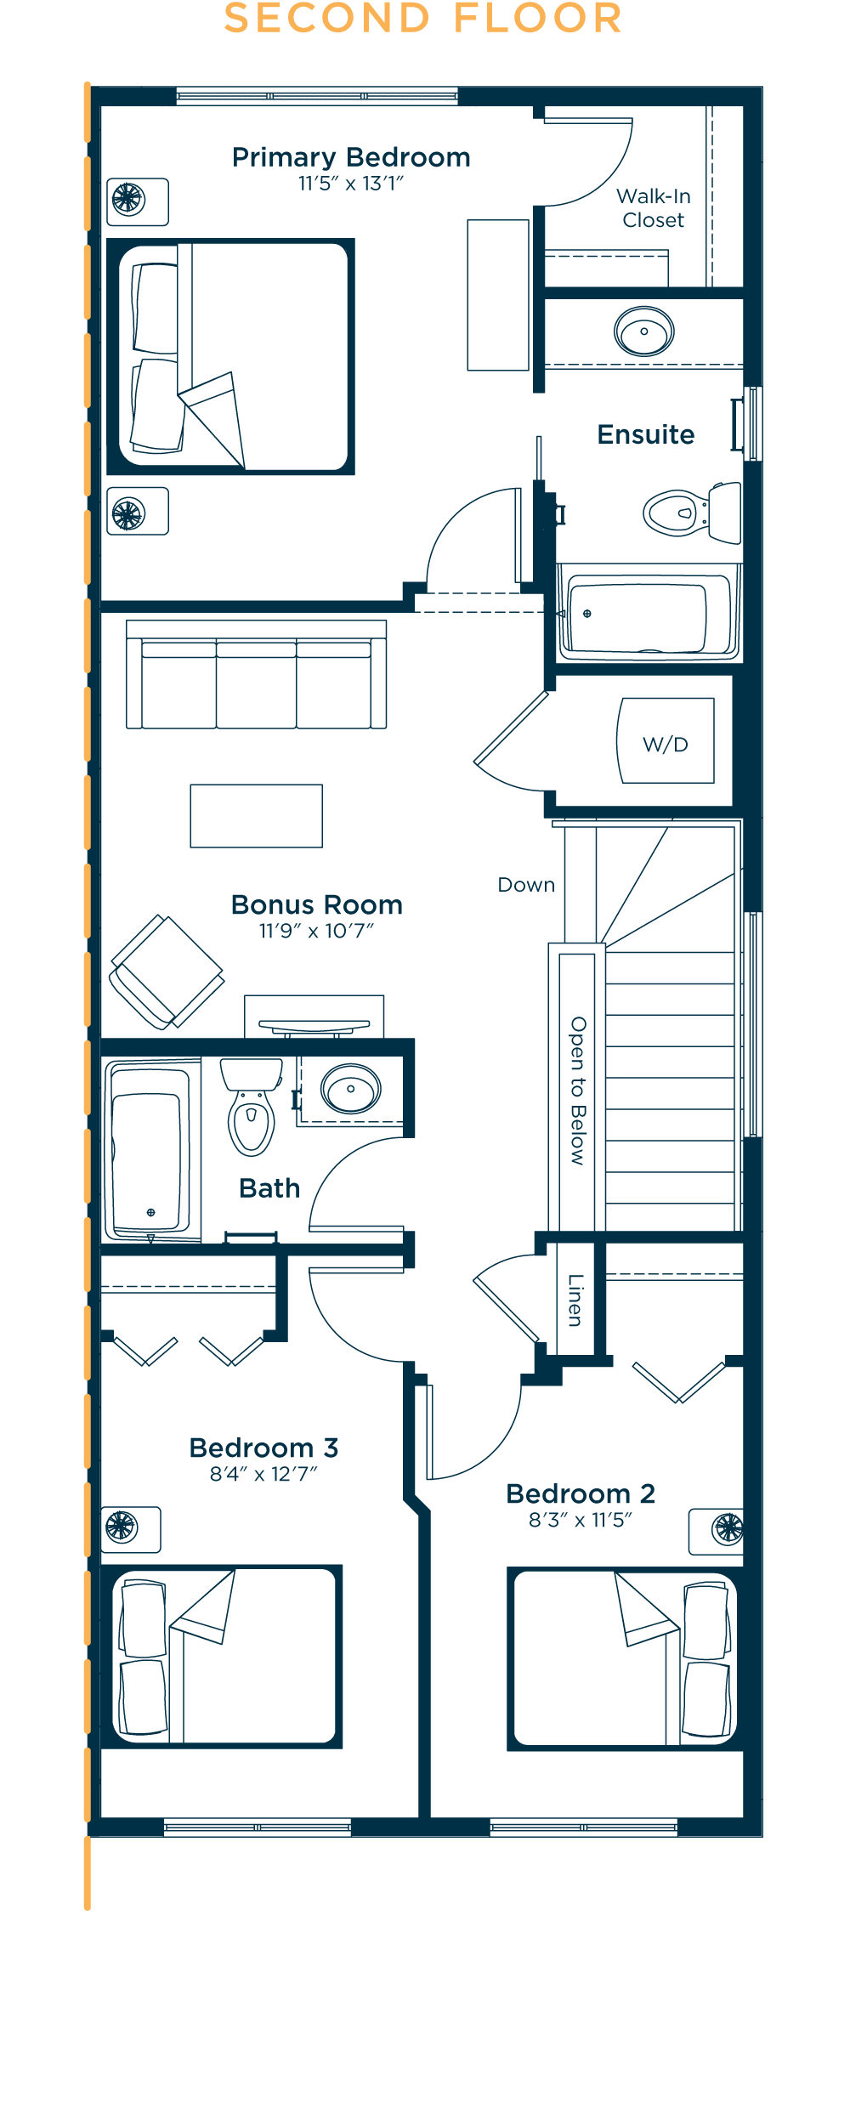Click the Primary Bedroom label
pyautogui.click(x=351, y=157)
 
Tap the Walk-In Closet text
pyautogui.click(x=653, y=208)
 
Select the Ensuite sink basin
pyautogui.click(x=644, y=331)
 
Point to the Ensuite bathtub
pyautogui.click(x=649, y=614)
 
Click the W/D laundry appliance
pyautogui.click(x=666, y=740)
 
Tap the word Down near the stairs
pyautogui.click(x=526, y=885)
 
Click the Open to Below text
pyautogui.click(x=578, y=1091)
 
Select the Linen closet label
pyautogui.click(x=575, y=1300)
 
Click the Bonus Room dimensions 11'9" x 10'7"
pyautogui.click(x=316, y=931)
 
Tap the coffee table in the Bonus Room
pyautogui.click(x=256, y=816)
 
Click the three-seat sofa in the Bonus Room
pyautogui.click(x=256, y=674)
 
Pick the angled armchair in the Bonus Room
pyautogui.click(x=167, y=971)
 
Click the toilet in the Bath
pyautogui.click(x=251, y=1106)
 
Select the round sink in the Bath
pyautogui.click(x=350, y=1089)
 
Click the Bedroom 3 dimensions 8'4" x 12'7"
pyautogui.click(x=263, y=1474)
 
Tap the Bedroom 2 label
pyautogui.click(x=581, y=1493)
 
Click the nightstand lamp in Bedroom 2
pyautogui.click(x=728, y=1528)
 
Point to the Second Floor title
pyautogui.click(x=423, y=19)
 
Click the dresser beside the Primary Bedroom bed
pyautogui.click(x=498, y=295)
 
